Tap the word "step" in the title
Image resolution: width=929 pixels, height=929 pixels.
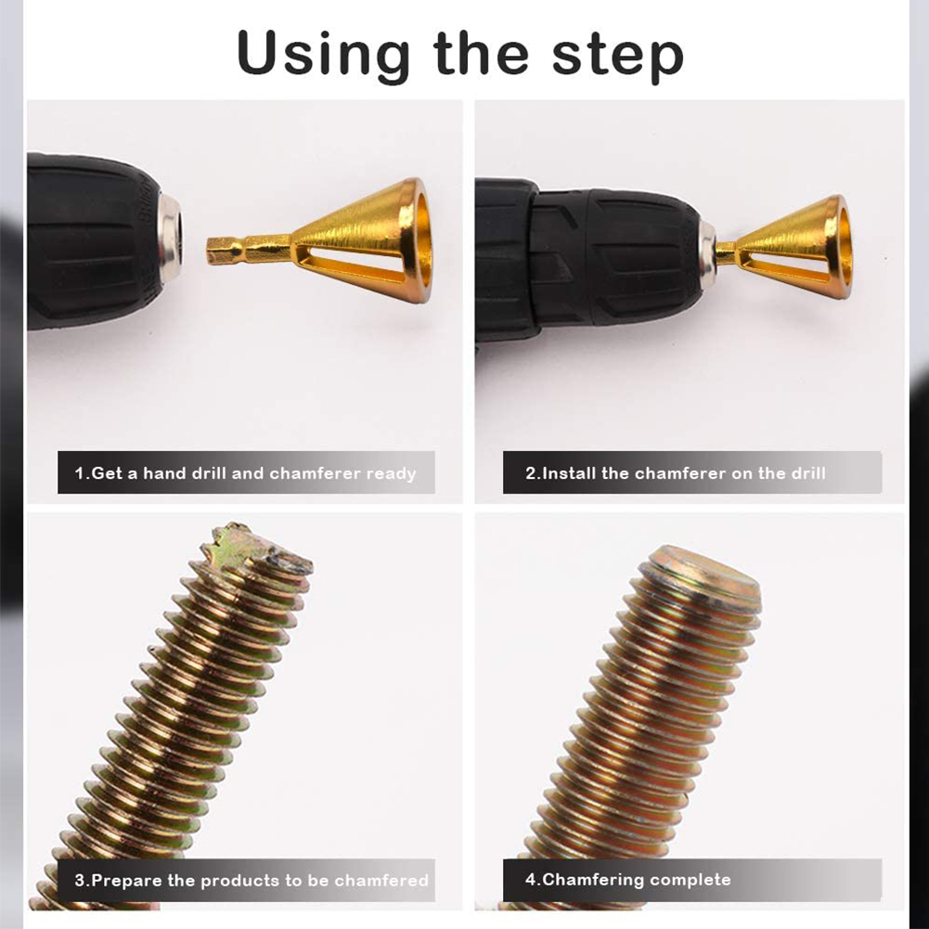(x=618, y=56)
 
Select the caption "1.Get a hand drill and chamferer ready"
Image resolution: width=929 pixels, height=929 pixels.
(x=245, y=473)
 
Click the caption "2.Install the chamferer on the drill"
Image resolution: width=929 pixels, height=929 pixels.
(x=675, y=472)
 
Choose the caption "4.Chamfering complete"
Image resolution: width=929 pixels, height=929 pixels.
(x=627, y=879)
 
